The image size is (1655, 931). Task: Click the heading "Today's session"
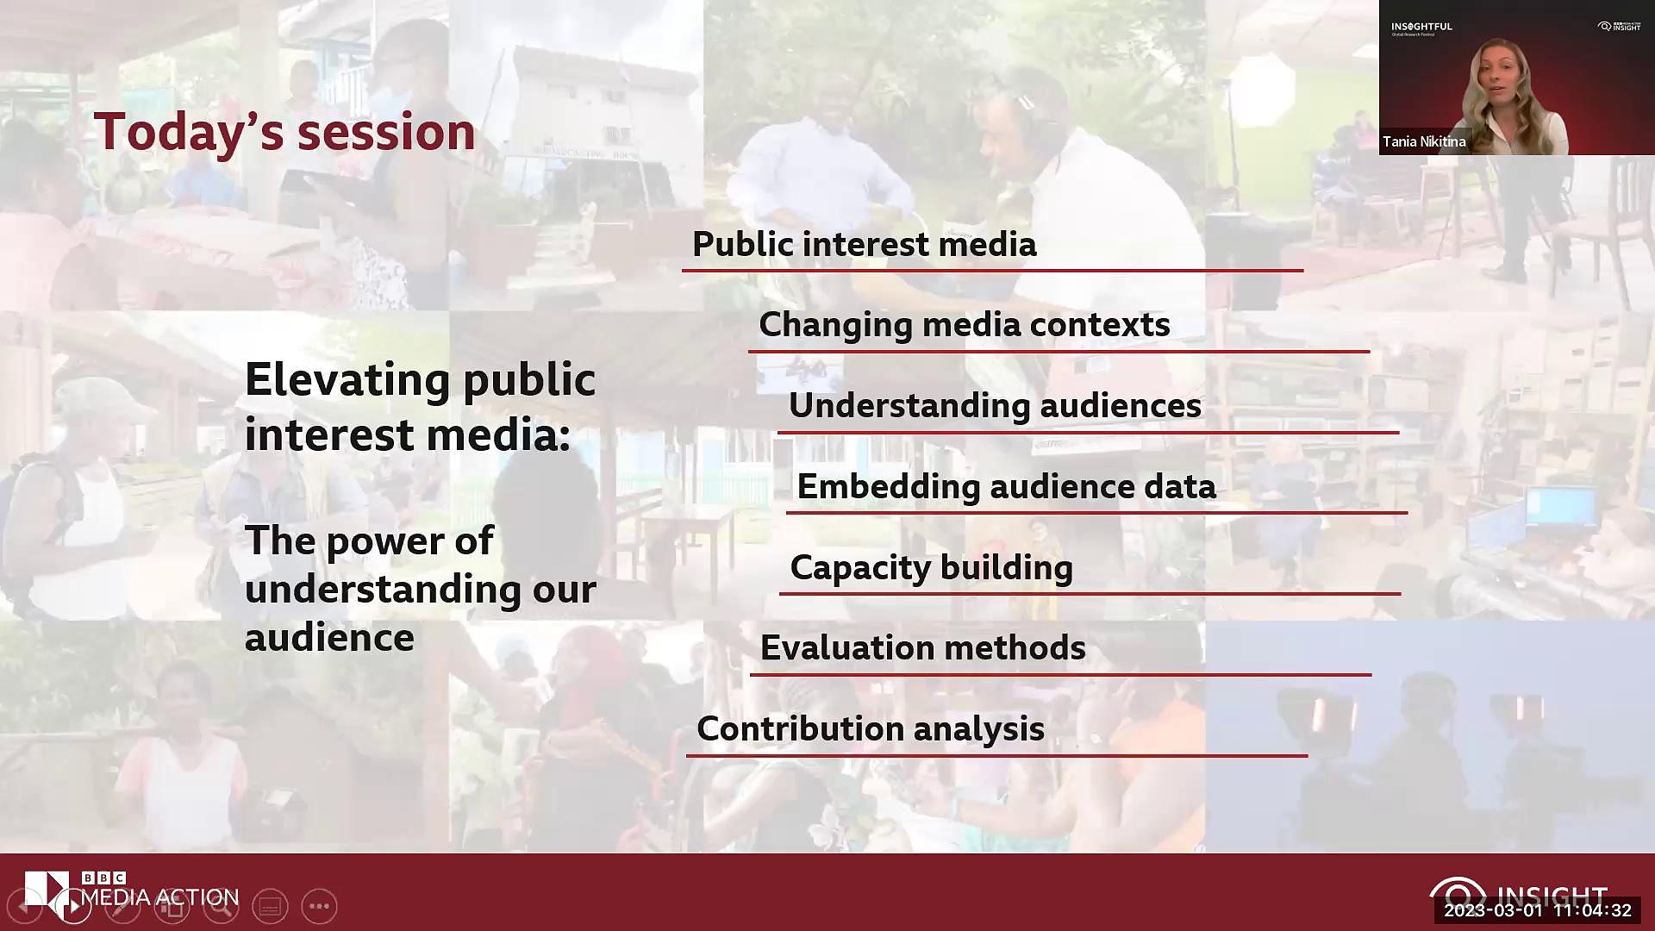[284, 132]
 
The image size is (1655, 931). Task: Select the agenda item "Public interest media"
[864, 244]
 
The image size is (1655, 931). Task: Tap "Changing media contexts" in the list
[964, 325]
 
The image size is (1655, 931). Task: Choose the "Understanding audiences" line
[995, 406]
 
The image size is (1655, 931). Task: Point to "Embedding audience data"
[1006, 487]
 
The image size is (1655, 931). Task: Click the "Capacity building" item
[931, 568]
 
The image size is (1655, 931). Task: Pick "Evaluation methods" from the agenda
[922, 648]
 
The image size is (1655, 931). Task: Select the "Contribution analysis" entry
[871, 729]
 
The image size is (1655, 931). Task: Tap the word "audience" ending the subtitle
[329, 639]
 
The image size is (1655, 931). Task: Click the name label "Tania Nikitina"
[1424, 141]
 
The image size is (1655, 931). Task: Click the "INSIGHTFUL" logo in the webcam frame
[1421, 28]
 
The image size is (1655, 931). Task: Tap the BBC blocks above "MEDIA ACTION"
[103, 878]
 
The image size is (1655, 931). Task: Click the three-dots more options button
[319, 906]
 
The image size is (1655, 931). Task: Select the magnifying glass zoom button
[222, 906]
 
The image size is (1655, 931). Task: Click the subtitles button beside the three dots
[270, 906]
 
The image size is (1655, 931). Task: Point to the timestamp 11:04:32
[1592, 910]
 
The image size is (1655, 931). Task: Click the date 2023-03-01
[1493, 910]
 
